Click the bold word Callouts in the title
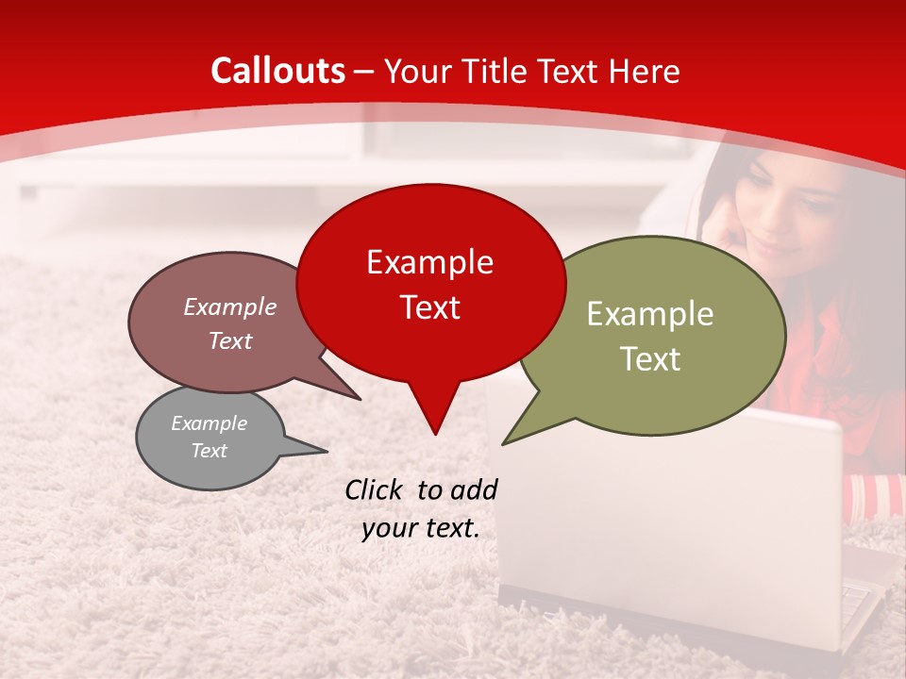coord(277,71)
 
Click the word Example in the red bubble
coord(429,262)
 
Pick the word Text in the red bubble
coord(429,307)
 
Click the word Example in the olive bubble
coord(650,314)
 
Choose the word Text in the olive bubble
coord(650,359)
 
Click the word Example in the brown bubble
coord(229,306)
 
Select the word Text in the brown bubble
coord(229,340)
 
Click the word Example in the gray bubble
coord(209,423)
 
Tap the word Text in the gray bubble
coord(209,451)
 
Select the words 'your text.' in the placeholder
coord(421,529)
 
